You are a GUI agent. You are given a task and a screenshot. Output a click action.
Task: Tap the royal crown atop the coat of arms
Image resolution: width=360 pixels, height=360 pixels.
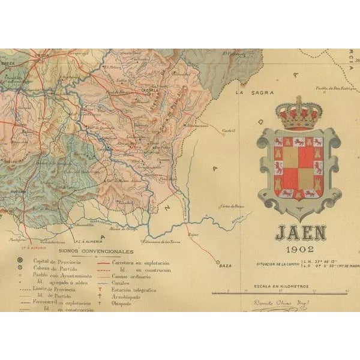point(299,112)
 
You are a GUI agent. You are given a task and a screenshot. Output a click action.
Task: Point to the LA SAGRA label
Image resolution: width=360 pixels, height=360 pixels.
point(248,93)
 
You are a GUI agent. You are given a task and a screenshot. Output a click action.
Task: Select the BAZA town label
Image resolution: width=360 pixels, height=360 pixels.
point(226,265)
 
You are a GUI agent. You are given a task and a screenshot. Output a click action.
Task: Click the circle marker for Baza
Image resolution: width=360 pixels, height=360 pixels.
point(217,262)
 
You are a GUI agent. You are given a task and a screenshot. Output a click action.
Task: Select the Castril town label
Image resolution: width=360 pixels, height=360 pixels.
point(228,130)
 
